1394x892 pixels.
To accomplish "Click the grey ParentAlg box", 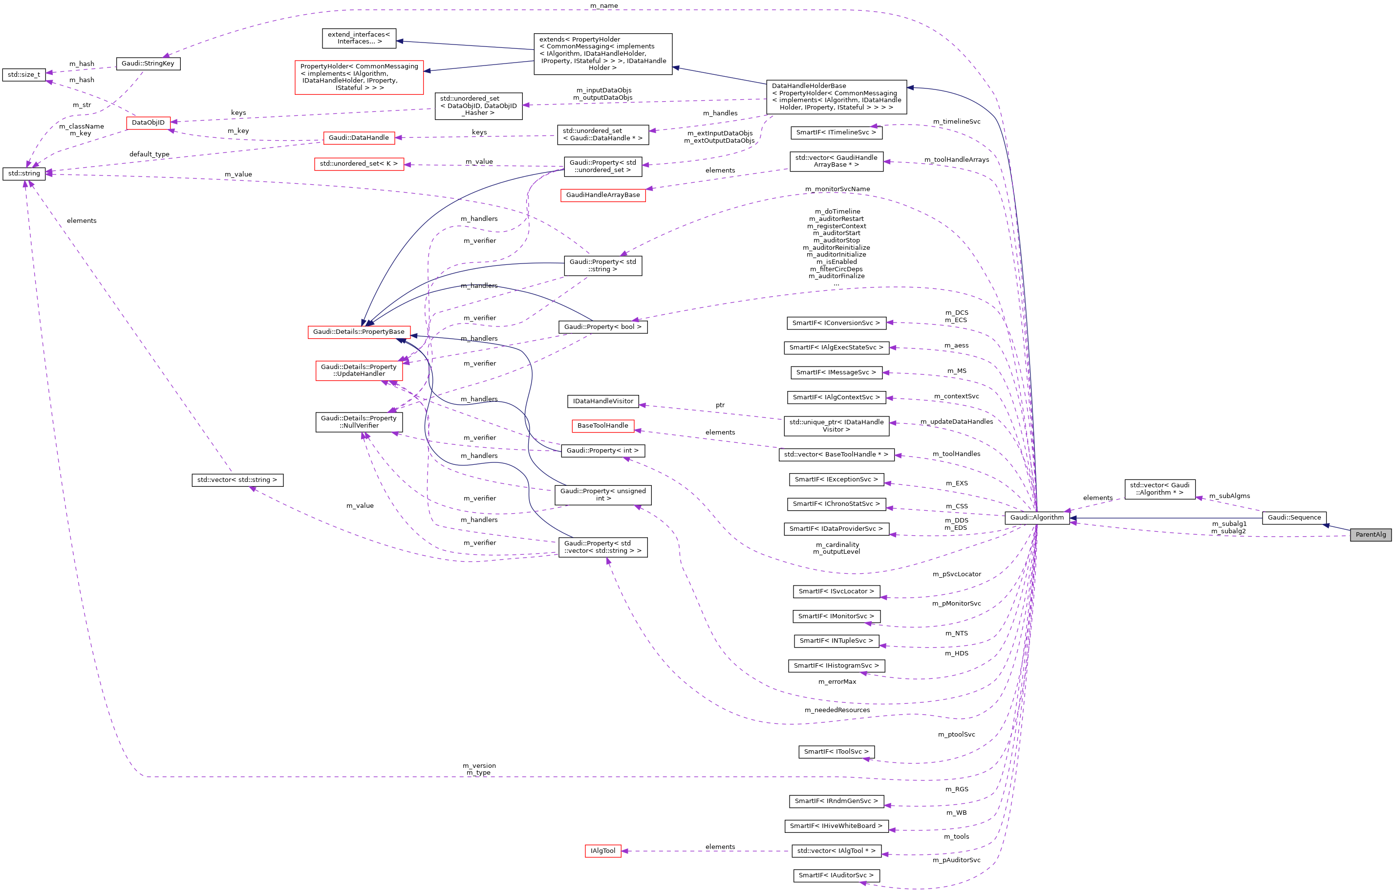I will click(x=1370, y=535).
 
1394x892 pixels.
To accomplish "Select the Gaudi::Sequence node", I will click(x=1294, y=517).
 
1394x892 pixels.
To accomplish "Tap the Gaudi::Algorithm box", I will click(x=1037, y=517).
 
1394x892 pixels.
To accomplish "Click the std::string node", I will click(x=24, y=173).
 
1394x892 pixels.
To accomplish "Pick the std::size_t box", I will click(x=24, y=75).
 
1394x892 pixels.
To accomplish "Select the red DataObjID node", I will click(x=148, y=122).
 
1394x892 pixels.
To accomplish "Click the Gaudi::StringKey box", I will click(x=148, y=63).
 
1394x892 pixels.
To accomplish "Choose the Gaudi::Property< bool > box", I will click(x=602, y=326).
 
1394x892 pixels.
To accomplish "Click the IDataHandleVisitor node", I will click(x=602, y=401).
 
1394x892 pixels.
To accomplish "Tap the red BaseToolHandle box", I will click(x=602, y=425).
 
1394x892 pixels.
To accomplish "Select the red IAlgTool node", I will click(x=602, y=851).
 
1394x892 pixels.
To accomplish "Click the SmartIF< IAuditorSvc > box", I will click(x=836, y=875).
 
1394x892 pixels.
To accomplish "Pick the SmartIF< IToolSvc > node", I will click(x=836, y=751).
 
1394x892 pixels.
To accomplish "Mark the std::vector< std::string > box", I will click(x=237, y=479).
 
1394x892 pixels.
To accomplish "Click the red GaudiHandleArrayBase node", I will click(x=602, y=195).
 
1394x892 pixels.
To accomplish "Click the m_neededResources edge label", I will click(x=837, y=710).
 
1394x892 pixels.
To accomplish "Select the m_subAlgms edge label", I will click(x=1229, y=496).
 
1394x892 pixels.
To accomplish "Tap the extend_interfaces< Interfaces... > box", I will click(x=359, y=38).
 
